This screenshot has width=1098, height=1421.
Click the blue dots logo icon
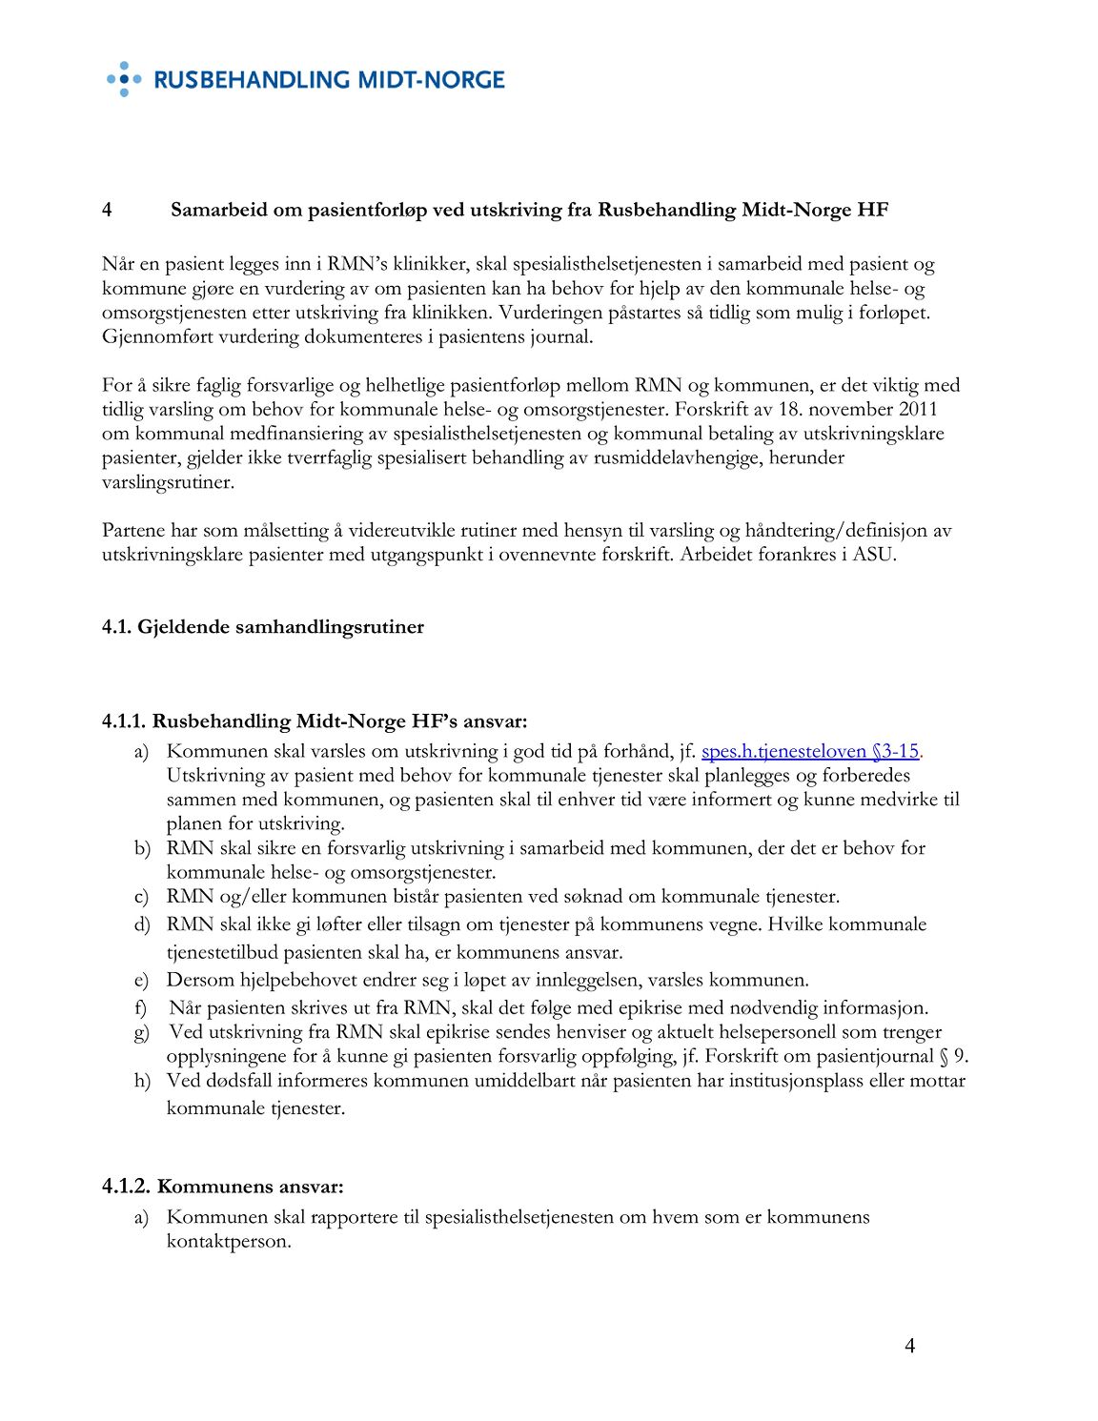coord(123,79)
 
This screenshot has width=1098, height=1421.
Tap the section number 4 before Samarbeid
coord(108,210)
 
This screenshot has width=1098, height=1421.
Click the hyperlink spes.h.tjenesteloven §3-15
coord(810,751)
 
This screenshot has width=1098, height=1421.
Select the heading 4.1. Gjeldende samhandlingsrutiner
coord(263,627)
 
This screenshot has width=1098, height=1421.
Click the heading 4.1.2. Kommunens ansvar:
coord(223,1187)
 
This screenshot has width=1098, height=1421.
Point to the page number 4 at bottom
coord(909,1346)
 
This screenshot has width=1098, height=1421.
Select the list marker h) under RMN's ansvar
coord(142,1081)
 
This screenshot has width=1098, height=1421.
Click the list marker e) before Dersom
coord(141,980)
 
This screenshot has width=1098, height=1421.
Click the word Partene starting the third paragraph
coord(133,531)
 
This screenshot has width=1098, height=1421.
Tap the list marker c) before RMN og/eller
coord(141,897)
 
